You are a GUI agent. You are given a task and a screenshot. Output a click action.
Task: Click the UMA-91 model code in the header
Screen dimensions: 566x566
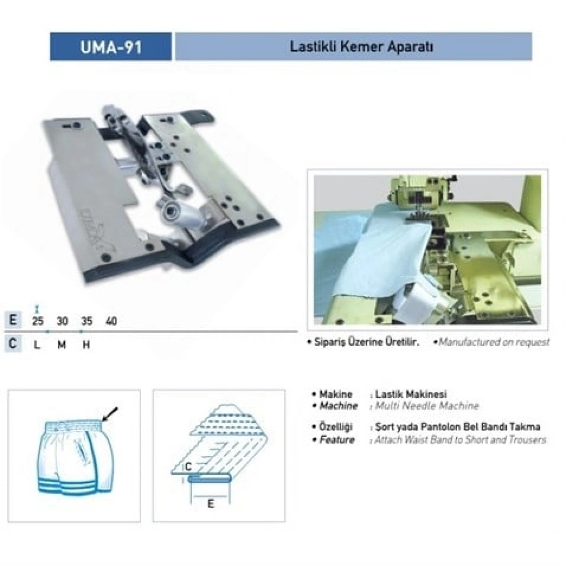point(111,47)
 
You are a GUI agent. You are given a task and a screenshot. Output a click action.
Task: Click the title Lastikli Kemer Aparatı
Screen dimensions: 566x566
point(361,46)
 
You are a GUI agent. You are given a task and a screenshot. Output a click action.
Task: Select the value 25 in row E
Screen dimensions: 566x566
point(38,321)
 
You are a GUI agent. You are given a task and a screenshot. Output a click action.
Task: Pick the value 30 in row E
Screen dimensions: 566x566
point(62,321)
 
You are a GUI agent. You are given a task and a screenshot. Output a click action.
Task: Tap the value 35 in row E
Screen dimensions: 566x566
point(87,321)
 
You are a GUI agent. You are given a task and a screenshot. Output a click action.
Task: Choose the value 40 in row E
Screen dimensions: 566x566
point(111,321)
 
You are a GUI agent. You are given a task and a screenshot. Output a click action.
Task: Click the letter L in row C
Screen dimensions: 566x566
point(37,345)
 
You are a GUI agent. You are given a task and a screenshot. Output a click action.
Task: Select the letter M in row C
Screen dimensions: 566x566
point(62,345)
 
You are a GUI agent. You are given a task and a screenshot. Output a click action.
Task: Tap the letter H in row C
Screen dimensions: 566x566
point(86,345)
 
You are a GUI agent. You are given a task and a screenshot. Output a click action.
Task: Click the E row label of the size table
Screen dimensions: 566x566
point(13,320)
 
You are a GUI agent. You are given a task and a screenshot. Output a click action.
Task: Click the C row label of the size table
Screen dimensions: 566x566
point(13,344)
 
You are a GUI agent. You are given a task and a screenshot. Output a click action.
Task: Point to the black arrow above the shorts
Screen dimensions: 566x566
point(110,414)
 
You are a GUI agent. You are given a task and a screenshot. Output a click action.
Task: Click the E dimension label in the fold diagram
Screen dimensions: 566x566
point(211,503)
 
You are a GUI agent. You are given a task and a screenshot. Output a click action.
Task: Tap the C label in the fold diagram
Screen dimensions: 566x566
point(188,468)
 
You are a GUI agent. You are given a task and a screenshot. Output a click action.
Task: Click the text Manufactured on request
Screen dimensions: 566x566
point(494,342)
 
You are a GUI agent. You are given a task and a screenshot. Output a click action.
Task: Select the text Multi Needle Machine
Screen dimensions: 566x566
point(427,406)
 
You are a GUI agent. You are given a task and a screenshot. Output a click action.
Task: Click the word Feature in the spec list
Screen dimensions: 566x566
point(337,440)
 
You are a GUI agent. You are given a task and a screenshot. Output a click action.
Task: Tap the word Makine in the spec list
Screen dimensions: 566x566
point(336,394)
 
